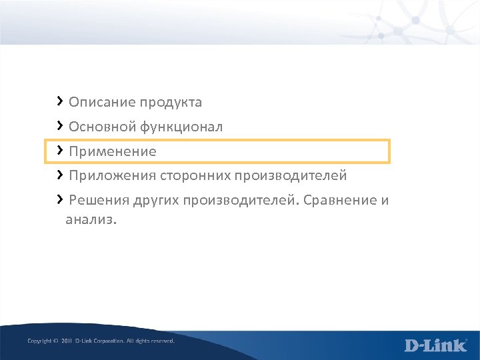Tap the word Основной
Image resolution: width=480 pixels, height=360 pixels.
tap(102, 127)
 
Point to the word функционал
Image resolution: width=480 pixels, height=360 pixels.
tap(181, 127)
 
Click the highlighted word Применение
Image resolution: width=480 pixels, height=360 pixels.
tap(112, 152)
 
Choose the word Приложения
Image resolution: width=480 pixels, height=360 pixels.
tap(112, 176)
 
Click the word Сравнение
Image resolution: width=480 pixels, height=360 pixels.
tap(340, 201)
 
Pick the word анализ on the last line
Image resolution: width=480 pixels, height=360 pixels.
tap(90, 220)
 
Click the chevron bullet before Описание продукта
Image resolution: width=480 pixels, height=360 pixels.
tap(60, 101)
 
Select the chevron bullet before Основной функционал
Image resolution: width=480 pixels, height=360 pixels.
tap(60, 125)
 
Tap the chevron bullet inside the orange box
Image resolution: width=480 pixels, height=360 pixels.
tap(60, 150)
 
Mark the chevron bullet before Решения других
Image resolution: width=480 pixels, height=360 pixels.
tap(60, 199)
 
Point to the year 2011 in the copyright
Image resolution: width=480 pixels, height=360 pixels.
tap(66, 341)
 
